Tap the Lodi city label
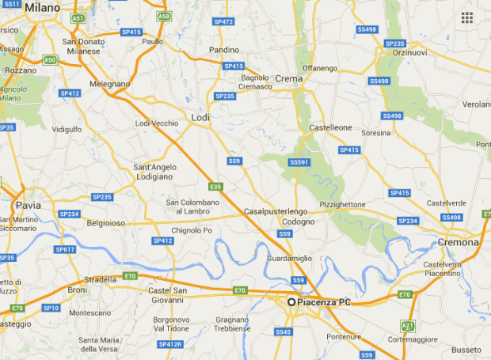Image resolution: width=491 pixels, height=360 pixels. tap(200, 118)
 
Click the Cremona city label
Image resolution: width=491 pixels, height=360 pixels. tap(461, 242)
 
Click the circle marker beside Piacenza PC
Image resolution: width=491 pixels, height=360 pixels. tap(291, 302)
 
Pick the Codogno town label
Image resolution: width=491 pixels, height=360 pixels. tap(298, 222)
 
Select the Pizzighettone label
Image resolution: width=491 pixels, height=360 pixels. tap(343, 204)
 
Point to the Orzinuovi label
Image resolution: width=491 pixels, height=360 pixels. tap(410, 53)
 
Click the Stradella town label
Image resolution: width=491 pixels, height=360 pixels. tap(101, 279)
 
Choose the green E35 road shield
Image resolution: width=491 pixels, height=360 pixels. tap(215, 187)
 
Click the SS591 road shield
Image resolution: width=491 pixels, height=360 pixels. tap(299, 162)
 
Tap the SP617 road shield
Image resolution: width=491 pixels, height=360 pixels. tap(65, 249)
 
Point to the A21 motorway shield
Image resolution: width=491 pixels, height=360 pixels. tap(408, 325)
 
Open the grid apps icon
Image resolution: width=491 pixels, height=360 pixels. tap(467, 17)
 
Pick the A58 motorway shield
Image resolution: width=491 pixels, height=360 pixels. tap(164, 16)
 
